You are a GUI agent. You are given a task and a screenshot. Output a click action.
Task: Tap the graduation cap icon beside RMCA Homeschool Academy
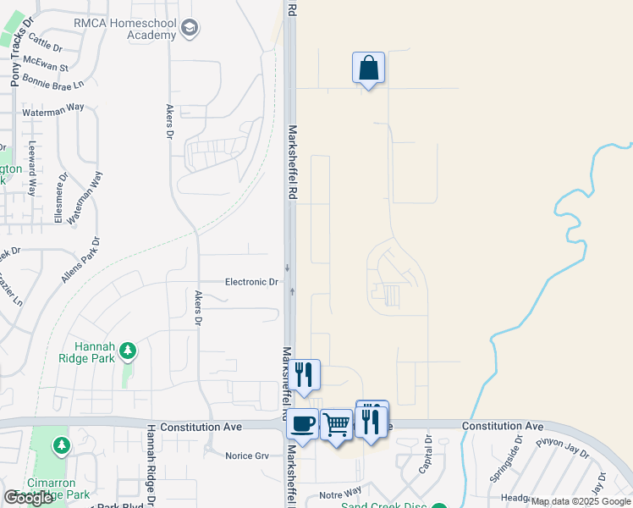[190, 29]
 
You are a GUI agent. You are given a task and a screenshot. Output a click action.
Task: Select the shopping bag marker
[368, 68]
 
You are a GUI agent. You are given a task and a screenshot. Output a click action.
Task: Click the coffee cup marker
[302, 422]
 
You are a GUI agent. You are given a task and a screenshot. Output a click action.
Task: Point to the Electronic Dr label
[251, 282]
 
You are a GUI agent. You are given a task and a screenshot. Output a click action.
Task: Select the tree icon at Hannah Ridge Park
[128, 350]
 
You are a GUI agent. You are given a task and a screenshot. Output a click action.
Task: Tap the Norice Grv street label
[246, 456]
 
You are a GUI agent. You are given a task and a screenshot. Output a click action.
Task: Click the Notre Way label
[340, 491]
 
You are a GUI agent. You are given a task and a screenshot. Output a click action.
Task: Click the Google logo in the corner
[28, 498]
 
